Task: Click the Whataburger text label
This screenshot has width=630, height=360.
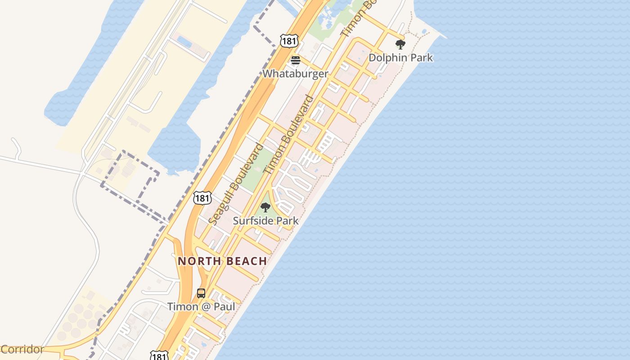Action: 295,73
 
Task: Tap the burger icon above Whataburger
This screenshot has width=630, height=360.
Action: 295,60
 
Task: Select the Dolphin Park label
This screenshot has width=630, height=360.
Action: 400,58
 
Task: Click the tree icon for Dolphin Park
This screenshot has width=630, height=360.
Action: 400,45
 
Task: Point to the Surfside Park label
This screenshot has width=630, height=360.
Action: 265,220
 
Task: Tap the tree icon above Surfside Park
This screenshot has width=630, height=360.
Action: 265,207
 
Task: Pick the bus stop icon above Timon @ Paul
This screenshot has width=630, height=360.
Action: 201,293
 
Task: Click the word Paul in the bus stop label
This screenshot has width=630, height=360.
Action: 224,306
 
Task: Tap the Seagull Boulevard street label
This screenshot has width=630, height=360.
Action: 236,184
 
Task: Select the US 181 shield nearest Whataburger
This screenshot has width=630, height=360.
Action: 288,41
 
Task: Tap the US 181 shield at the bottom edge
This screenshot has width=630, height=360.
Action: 159,356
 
